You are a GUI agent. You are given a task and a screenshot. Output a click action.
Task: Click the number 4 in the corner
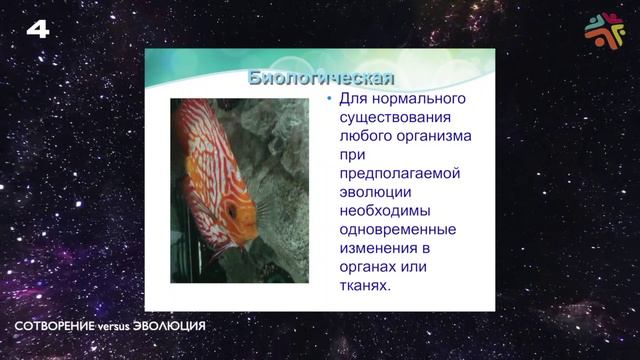coord(37,29)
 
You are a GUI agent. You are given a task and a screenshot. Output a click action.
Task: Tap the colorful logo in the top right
coord(603,30)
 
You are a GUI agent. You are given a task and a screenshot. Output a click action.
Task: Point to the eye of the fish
coord(233,213)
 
